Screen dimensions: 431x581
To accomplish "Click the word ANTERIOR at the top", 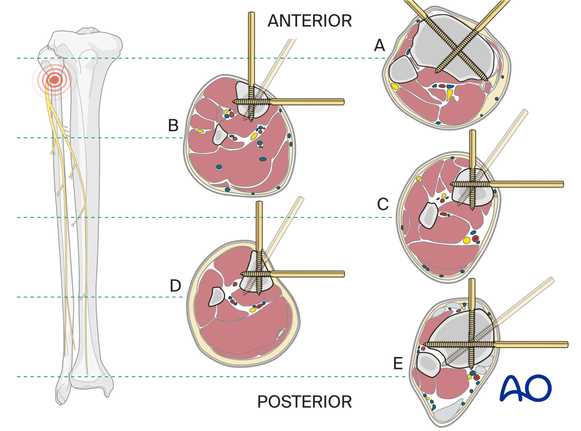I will coord(310,21).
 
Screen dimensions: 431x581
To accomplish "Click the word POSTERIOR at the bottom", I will coord(305,401).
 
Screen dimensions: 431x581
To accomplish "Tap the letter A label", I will coord(380,46).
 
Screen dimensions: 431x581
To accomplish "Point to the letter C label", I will coord(382,205).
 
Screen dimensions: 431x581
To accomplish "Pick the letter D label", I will coord(175,286).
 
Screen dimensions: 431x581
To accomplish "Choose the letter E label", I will coord(398,363).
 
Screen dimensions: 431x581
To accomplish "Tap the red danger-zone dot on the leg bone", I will coord(55,79).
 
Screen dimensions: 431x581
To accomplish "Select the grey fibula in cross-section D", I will coord(216,296).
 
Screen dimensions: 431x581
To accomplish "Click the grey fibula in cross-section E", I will coord(428,365).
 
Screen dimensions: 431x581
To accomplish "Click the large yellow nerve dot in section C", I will coord(467,240).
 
